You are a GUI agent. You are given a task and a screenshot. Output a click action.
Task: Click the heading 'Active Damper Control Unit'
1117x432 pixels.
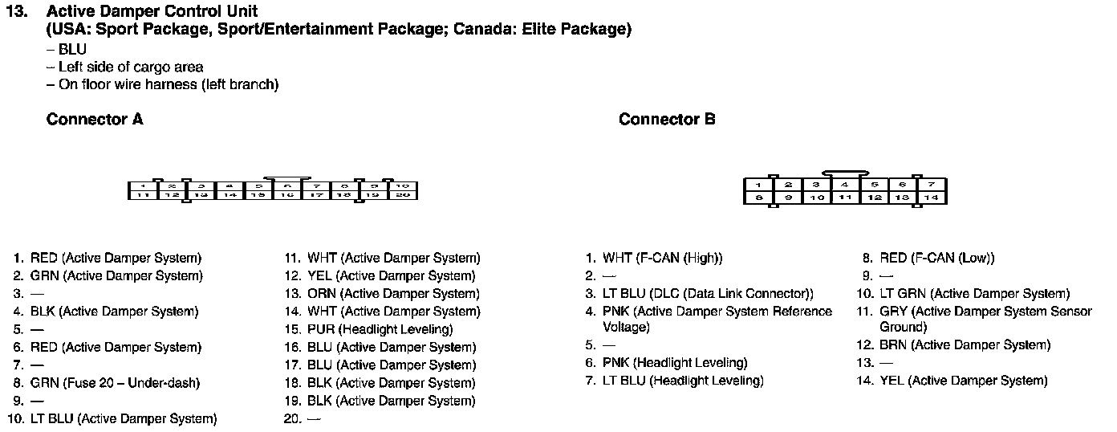(x=152, y=11)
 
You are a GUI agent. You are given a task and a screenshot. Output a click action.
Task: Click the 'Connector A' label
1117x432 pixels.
(x=95, y=120)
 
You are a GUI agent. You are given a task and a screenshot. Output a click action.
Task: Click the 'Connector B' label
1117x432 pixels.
(x=667, y=120)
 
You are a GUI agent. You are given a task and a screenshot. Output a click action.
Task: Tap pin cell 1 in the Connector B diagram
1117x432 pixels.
(x=758, y=185)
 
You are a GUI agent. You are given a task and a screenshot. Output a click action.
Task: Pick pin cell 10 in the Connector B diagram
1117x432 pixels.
(x=816, y=197)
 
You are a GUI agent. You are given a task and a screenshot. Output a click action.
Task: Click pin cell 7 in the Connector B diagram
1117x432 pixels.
(x=932, y=185)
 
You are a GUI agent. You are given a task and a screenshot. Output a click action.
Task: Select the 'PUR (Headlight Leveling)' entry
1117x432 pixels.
(x=380, y=329)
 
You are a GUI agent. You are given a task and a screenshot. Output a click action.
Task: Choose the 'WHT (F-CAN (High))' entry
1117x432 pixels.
(x=662, y=259)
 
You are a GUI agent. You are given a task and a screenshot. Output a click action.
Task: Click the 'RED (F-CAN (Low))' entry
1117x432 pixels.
(x=936, y=259)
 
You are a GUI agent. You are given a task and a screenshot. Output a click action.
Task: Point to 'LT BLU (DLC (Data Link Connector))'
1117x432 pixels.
(x=708, y=294)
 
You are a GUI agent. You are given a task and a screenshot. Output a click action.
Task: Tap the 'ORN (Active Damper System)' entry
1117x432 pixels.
(x=393, y=294)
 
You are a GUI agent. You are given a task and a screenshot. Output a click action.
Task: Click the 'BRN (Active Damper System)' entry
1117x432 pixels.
(x=965, y=345)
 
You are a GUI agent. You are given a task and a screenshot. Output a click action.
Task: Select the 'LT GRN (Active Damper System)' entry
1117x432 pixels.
(x=974, y=294)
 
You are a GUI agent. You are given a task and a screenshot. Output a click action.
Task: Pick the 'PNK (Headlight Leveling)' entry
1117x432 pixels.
(x=675, y=363)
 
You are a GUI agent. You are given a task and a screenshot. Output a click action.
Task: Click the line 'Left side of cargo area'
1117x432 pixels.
(x=131, y=67)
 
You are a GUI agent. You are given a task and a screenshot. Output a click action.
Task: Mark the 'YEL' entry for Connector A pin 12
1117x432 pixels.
(x=392, y=276)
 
